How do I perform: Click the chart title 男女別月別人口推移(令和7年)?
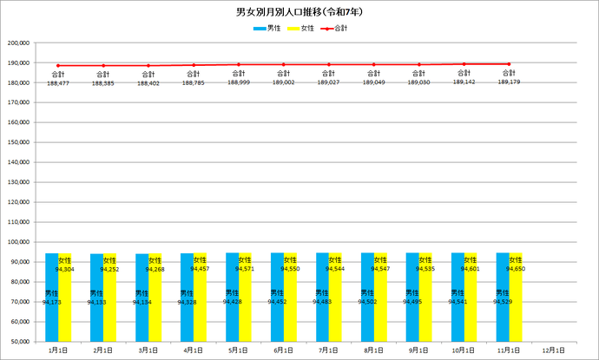[x=299, y=13]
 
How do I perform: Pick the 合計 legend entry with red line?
[x=339, y=29]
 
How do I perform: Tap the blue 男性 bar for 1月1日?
[x=51, y=296]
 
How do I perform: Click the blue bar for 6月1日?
[x=277, y=296]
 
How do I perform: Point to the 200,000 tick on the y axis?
[x=17, y=43]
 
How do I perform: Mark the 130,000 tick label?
[x=17, y=181]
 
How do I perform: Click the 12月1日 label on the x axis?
[x=554, y=351]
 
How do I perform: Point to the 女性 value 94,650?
[x=516, y=270]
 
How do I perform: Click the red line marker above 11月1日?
[x=510, y=63]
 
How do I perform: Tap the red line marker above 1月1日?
[x=58, y=65]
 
